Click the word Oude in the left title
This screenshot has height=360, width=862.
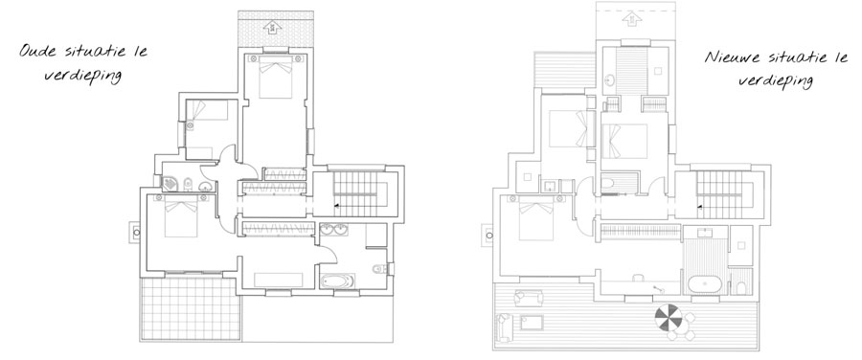coord(38,52)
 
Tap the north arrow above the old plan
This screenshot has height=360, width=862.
coord(272,27)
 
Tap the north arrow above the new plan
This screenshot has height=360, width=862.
coord(632,19)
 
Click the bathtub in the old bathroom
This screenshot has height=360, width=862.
coord(338,281)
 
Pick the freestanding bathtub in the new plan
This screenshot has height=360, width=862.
coord(705,284)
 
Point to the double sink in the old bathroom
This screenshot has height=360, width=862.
coord(333,229)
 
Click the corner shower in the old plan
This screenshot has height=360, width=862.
coord(170,184)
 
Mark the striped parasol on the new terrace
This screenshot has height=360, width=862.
coord(669,317)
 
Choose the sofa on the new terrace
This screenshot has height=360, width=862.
coord(503,326)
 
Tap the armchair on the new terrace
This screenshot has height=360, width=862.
coord(529,298)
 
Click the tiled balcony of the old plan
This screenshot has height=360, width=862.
coord(191,308)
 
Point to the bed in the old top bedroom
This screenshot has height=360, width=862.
coord(276,77)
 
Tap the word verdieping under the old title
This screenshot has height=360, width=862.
coord(82,76)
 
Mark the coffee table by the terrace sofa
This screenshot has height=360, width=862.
coord(532,323)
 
